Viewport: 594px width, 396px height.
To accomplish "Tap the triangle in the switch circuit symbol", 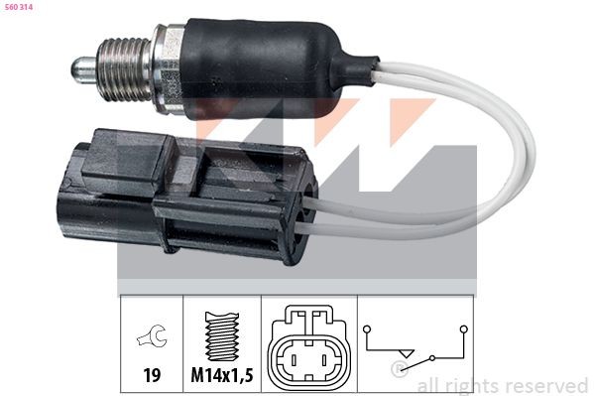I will coord(404,353).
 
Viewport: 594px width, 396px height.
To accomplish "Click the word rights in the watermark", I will coord(475,385).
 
